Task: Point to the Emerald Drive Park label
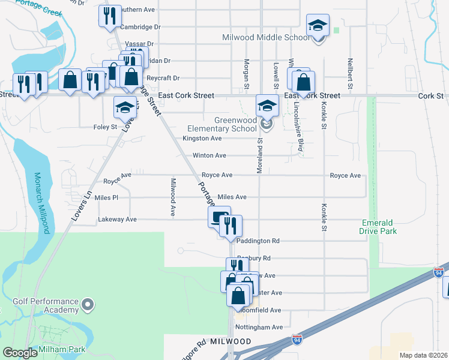379,226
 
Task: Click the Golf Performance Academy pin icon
88,305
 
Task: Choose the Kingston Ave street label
203,138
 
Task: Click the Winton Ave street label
209,155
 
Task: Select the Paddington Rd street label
258,241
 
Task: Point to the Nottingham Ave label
259,327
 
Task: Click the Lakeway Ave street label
117,220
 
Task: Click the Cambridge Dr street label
140,27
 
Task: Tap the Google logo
20,353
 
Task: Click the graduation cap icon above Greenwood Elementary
268,106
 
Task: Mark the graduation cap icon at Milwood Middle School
318,25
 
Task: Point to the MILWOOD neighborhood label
231,341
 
